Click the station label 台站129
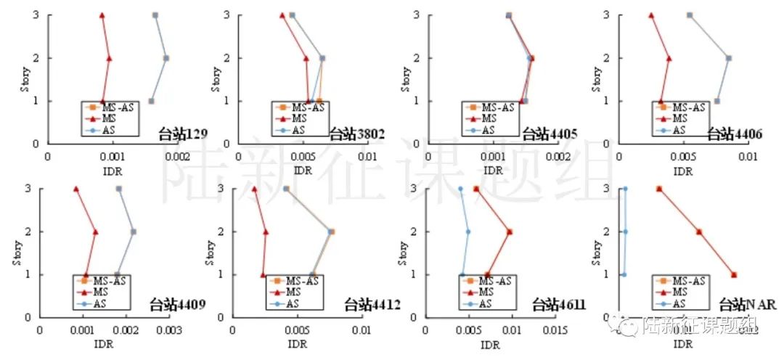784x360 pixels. pyautogui.click(x=184, y=134)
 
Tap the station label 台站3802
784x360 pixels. pyautogui.click(x=356, y=134)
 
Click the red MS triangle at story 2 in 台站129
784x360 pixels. pyautogui.click(x=109, y=58)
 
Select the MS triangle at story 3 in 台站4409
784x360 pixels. pyautogui.click(x=75, y=189)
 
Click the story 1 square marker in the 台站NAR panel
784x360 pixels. pyautogui.click(x=734, y=275)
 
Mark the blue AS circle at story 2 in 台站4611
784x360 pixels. pyautogui.click(x=468, y=232)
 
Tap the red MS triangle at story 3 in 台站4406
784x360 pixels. pyautogui.click(x=651, y=15)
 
